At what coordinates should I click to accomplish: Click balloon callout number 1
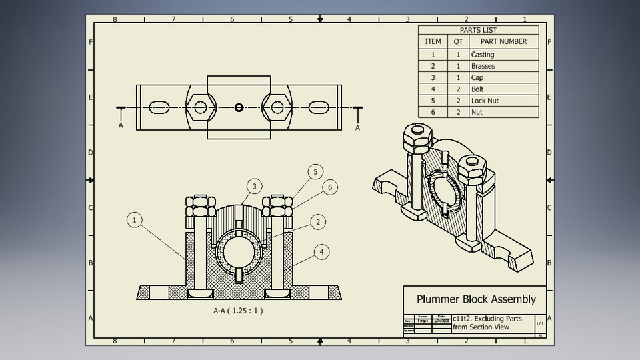click(135, 220)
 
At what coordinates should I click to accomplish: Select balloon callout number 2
click(319, 221)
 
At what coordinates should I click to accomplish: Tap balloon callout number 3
click(253, 186)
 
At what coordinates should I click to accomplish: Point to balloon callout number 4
click(322, 252)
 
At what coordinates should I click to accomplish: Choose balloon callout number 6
click(328, 188)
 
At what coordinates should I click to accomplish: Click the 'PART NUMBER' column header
click(503, 41)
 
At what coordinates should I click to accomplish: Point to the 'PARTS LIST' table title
click(478, 30)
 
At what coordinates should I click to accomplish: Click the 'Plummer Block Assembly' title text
click(476, 299)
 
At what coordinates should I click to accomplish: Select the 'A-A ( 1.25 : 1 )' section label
click(238, 311)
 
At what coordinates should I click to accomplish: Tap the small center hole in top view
click(239, 107)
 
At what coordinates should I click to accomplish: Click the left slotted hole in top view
click(160, 107)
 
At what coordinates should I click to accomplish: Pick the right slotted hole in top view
click(318, 107)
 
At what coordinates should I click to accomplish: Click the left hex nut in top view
click(199, 107)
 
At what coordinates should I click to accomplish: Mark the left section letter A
click(121, 125)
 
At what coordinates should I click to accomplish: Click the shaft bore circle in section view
click(239, 253)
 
